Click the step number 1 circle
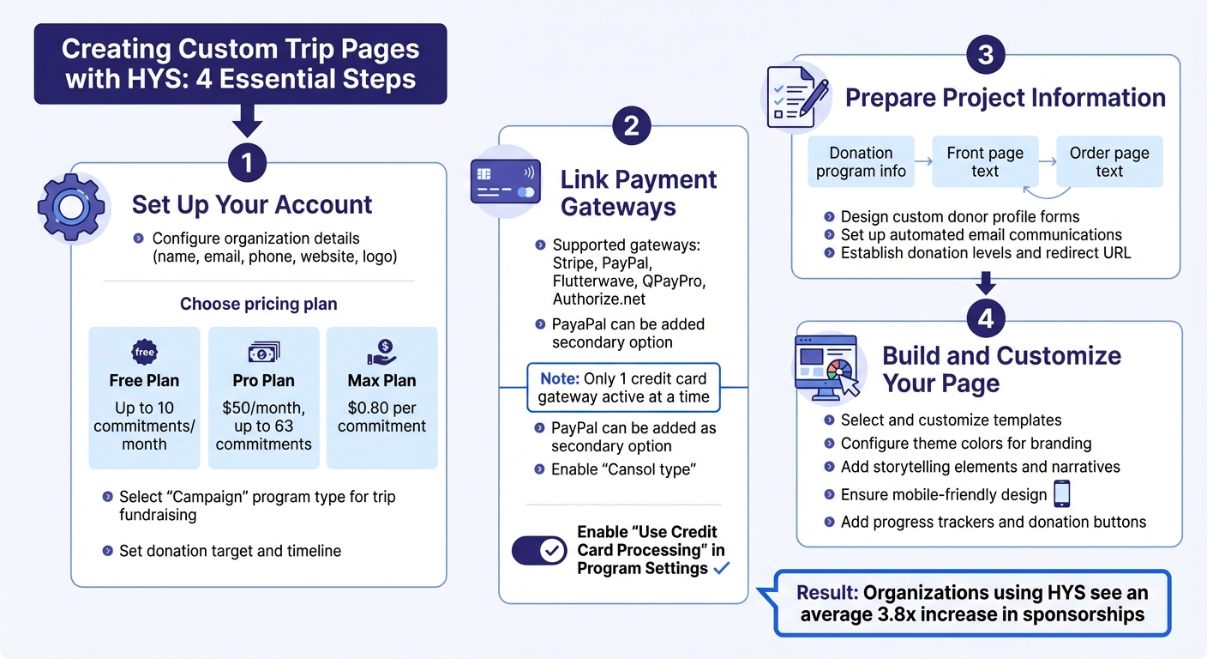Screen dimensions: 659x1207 pos(247,162)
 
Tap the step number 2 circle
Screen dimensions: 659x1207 pos(631,126)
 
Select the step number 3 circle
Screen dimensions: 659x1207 pos(986,55)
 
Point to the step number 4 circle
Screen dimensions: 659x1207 pos(986,318)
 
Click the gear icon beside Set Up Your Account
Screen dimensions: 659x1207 pos(71,207)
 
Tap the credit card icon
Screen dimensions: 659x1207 pos(505,181)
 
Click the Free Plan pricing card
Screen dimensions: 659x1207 pos(144,397)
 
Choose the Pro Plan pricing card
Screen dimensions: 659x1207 pos(263,397)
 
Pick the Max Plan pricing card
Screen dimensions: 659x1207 pos(381,397)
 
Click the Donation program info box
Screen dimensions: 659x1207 pos(861,161)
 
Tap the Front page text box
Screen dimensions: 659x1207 pos(985,161)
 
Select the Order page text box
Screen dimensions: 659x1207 pos(1109,161)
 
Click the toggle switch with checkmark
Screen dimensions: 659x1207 pos(539,550)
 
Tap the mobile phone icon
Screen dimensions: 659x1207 pos(1061,494)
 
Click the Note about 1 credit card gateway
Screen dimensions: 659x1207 pos(623,388)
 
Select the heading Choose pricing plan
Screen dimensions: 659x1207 pos(258,304)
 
